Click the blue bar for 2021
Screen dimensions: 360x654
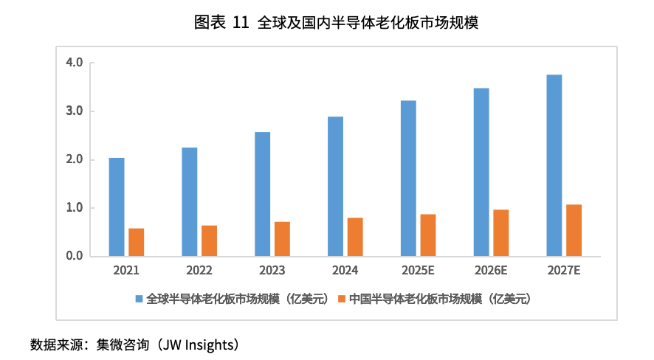(117, 207)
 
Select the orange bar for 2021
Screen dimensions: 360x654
(137, 243)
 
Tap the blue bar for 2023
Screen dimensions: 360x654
(262, 194)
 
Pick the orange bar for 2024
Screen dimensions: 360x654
(355, 237)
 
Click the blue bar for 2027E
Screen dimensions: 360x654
(554, 165)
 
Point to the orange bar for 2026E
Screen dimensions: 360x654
(501, 233)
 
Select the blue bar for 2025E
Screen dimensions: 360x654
(408, 179)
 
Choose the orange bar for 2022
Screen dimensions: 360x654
(210, 241)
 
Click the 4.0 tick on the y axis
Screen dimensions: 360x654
(74, 63)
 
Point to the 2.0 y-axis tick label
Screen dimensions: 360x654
(74, 159)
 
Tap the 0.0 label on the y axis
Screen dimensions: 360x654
(74, 256)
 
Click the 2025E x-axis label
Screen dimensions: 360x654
(418, 271)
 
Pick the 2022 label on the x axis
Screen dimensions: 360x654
(199, 271)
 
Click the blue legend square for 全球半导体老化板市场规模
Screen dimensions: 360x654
(139, 300)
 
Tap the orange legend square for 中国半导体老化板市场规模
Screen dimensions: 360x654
(341, 300)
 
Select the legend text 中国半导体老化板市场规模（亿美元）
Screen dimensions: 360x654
(440, 300)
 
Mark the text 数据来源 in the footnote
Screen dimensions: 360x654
(54, 345)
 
